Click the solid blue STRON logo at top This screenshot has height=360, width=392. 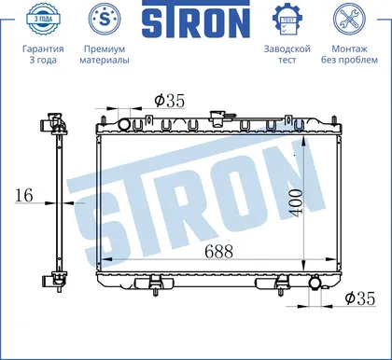click(196, 19)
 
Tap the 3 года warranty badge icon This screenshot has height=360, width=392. click(43, 19)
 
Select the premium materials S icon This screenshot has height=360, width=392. click(105, 19)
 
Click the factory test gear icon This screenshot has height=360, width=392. click(287, 20)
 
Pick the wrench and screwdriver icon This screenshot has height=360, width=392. click(349, 19)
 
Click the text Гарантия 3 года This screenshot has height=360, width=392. click(43, 54)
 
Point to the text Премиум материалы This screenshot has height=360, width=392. click(105, 54)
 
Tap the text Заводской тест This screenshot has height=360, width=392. click(287, 54)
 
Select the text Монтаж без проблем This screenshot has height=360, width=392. click(349, 54)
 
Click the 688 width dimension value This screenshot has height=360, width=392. click(219, 251)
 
